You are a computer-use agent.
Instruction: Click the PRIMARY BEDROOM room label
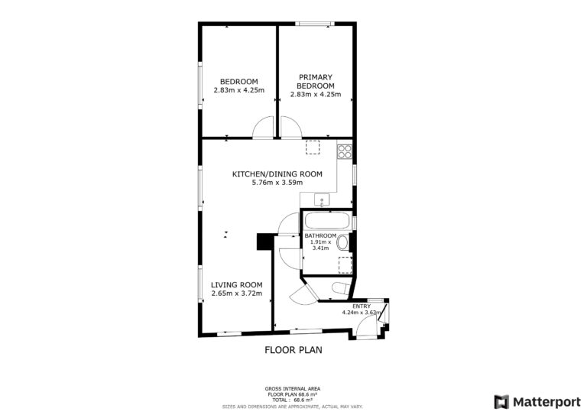[316, 81]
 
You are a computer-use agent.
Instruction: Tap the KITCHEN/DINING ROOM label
[277, 174]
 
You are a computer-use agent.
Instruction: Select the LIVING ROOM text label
[237, 285]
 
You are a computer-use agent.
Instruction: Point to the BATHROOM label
[320, 235]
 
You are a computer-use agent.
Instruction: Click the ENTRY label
[362, 306]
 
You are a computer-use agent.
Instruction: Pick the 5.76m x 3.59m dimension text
[277, 183]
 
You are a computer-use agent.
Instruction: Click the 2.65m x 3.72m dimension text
[237, 293]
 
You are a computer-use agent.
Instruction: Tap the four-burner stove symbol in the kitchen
[345, 151]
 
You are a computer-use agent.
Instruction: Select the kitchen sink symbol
[322, 200]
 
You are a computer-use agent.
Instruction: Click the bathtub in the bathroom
[327, 220]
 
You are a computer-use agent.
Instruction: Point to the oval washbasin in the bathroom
[342, 242]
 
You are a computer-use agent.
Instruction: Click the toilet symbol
[341, 288]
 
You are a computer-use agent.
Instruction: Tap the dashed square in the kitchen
[313, 147]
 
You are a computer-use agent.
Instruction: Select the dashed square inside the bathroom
[345, 265]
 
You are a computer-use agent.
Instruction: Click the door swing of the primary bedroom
[291, 128]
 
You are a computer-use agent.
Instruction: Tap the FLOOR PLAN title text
[293, 350]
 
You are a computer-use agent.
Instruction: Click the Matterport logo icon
[501, 402]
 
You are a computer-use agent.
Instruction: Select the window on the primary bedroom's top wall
[315, 24]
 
